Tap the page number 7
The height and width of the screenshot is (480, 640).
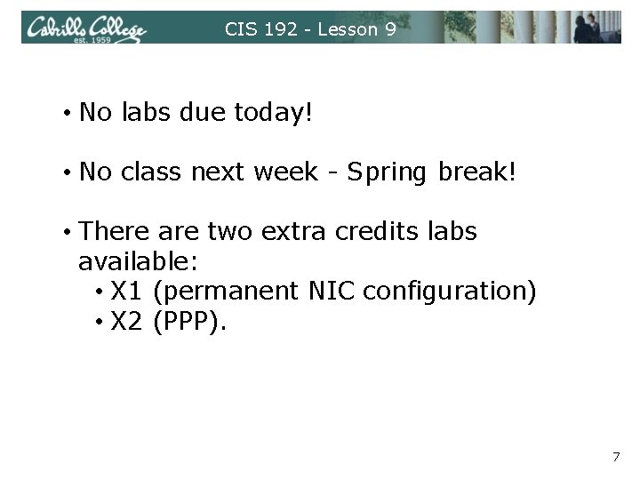pos(615,457)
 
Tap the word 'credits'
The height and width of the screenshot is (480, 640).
pos(372,232)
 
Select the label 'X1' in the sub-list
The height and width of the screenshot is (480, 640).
pos(128,292)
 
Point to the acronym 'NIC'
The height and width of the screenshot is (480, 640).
pos(334,292)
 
